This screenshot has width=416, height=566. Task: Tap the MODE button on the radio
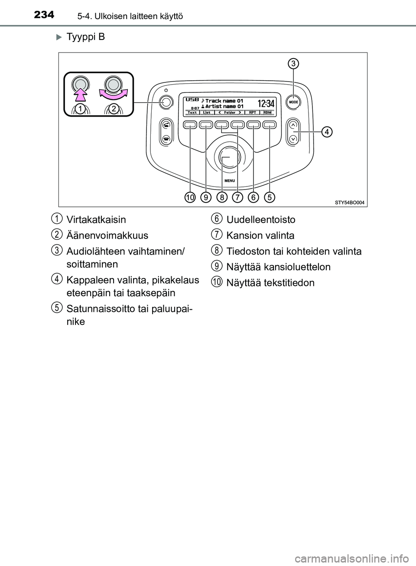click(293, 102)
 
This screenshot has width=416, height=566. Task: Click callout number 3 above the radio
click(293, 64)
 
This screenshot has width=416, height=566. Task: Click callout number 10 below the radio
click(189, 198)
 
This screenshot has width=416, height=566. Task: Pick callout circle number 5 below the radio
click(270, 198)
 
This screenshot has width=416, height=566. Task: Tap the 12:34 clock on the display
click(266, 103)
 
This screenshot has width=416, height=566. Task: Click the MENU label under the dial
click(230, 180)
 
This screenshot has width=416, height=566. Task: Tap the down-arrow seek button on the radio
click(293, 139)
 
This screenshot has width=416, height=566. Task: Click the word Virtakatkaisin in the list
click(96, 219)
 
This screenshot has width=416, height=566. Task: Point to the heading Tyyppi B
click(86, 37)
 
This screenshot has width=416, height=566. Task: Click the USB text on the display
click(192, 99)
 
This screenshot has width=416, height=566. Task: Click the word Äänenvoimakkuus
click(107, 236)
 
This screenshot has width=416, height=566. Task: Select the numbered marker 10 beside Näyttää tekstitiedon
click(217, 282)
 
